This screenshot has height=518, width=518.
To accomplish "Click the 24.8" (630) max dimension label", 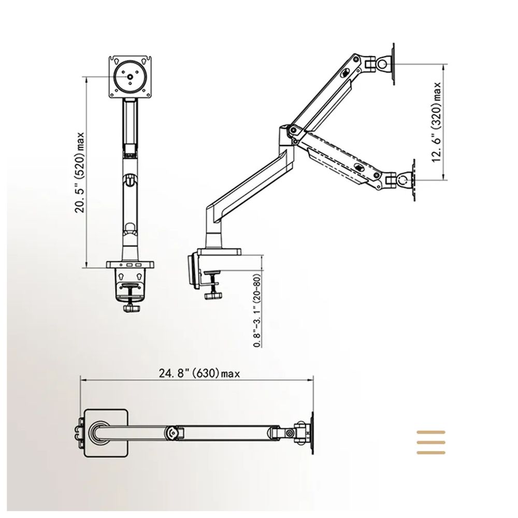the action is tap(199, 373).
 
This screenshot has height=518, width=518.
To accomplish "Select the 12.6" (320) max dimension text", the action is tap(437, 122).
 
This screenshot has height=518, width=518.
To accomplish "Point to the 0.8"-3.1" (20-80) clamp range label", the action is tap(257, 310).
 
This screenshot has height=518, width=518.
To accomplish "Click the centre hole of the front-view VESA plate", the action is tap(130, 77).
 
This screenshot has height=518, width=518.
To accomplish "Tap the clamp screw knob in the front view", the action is tap(132, 309).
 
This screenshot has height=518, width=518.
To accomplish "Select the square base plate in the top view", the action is tap(106, 433).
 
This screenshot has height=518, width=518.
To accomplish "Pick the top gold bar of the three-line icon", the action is tap(431, 432).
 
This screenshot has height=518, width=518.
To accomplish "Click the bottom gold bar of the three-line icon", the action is tap(431, 453).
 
